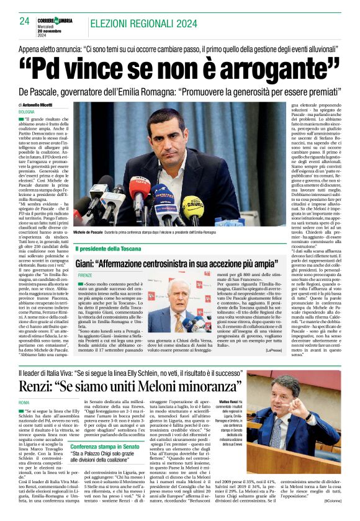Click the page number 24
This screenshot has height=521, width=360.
25,21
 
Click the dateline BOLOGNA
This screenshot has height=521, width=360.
27,111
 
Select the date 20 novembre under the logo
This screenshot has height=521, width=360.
46,31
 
